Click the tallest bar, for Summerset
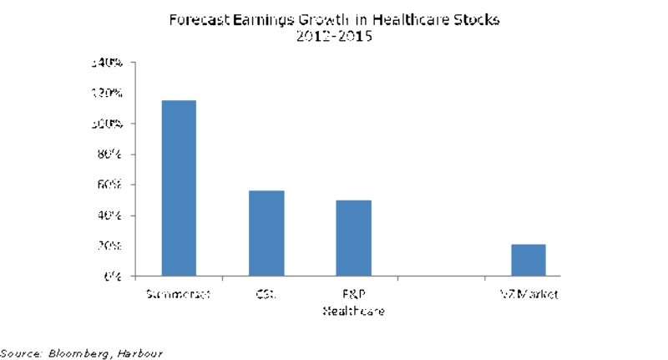click(179, 188)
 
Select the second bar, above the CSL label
click(266, 233)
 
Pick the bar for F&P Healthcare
click(354, 238)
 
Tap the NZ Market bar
click(528, 260)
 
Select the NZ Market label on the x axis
click(528, 294)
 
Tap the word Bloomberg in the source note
click(81, 352)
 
